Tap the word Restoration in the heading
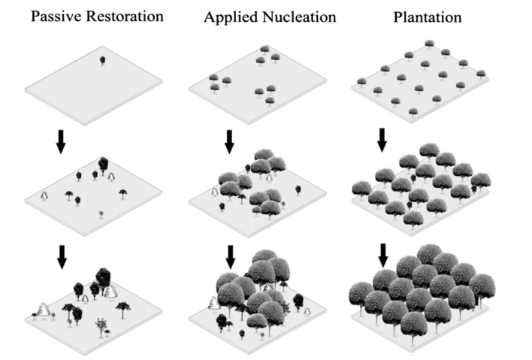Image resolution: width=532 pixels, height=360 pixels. click(125, 17)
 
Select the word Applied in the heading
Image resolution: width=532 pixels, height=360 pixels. click(229, 17)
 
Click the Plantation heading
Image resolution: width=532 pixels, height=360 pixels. click(428, 17)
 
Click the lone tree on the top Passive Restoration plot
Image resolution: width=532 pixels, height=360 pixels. click(102, 61)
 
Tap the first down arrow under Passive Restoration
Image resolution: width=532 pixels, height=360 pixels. click(61, 141)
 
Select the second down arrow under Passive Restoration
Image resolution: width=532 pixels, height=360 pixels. click(62, 257)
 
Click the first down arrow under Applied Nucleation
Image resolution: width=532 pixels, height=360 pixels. click(229, 141)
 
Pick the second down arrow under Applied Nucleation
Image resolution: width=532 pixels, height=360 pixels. click(231, 257)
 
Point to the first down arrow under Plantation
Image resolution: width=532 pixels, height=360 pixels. click(382, 140)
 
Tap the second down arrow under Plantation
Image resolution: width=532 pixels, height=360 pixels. click(383, 255)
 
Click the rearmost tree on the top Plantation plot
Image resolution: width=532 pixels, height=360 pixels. click(429, 44)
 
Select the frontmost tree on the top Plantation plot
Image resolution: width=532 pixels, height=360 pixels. click(413, 113)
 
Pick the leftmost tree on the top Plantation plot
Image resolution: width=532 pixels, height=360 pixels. click(361, 83)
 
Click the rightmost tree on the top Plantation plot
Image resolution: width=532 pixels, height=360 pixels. click(481, 74)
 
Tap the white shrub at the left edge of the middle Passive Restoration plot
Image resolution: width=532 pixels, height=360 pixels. click(44, 196)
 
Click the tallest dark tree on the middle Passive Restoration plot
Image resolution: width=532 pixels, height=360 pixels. click(103, 165)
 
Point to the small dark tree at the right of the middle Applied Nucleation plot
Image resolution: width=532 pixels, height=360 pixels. click(298, 190)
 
